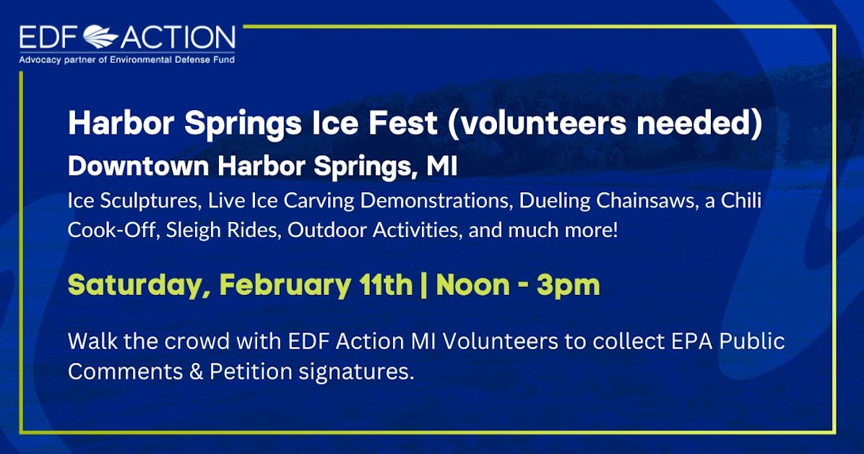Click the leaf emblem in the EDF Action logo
click(x=100, y=37)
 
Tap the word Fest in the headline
click(x=402, y=122)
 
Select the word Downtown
click(x=138, y=166)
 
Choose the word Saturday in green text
click(x=139, y=286)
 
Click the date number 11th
click(x=386, y=285)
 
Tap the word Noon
click(x=472, y=286)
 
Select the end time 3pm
click(x=568, y=286)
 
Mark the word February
click(x=285, y=286)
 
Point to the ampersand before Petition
click(x=196, y=372)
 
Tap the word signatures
click(x=356, y=372)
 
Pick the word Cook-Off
click(x=114, y=230)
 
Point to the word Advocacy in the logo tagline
click(x=40, y=59)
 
